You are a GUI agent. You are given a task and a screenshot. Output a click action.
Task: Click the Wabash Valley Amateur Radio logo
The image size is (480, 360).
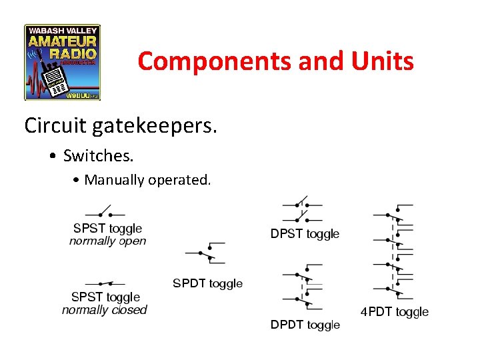coord(63,62)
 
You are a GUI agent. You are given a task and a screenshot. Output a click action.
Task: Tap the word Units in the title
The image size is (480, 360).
coord(383,61)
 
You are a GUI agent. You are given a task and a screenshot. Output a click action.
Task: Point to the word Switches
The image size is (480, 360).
coord(99,156)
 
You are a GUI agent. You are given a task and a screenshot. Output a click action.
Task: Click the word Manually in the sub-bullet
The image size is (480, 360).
coord(112,179)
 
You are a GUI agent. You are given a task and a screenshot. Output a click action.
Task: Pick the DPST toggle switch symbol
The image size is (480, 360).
coord(303,210)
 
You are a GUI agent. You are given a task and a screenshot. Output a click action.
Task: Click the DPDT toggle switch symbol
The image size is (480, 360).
coord(303,290)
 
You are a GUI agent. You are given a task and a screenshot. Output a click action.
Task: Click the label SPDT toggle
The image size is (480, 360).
coord(207,283)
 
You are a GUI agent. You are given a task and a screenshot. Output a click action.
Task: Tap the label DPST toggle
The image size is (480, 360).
coord(305,234)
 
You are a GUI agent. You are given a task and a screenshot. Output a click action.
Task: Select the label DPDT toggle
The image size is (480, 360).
coord(305,325)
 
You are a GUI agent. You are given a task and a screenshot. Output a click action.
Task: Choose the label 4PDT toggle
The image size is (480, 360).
coord(394,311)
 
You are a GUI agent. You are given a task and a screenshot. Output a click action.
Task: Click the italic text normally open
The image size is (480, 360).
coord(107,241)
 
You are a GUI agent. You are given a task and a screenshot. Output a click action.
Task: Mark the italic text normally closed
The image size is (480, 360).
coord(104,310)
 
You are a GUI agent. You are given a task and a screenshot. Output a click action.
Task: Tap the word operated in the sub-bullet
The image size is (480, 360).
coord(181,179)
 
